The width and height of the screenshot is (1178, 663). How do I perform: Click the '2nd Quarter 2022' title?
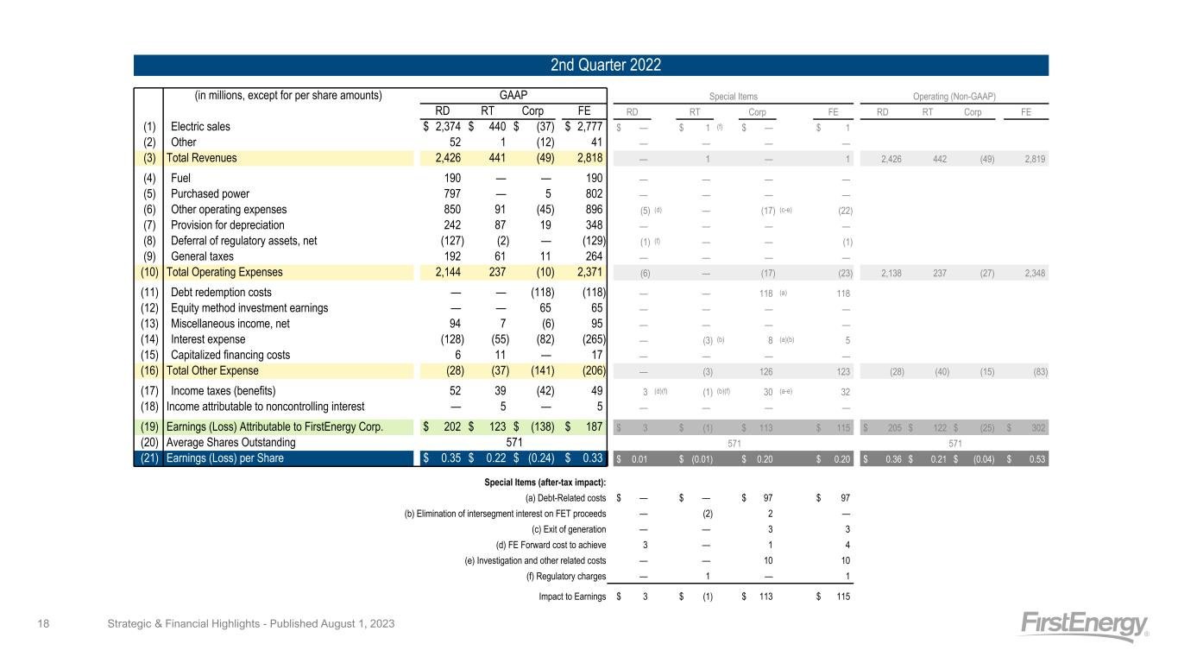pos(590,66)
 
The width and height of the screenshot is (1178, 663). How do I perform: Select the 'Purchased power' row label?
pos(210,194)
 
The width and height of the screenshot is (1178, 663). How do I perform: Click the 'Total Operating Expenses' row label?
pos(224,272)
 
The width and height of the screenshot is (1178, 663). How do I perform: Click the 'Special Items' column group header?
pos(734,96)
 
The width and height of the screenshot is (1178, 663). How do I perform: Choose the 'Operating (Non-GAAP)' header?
pos(961,96)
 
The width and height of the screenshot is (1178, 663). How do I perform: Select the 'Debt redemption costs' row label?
pos(222,293)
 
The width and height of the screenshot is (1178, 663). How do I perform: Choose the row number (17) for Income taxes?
pos(148,390)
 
